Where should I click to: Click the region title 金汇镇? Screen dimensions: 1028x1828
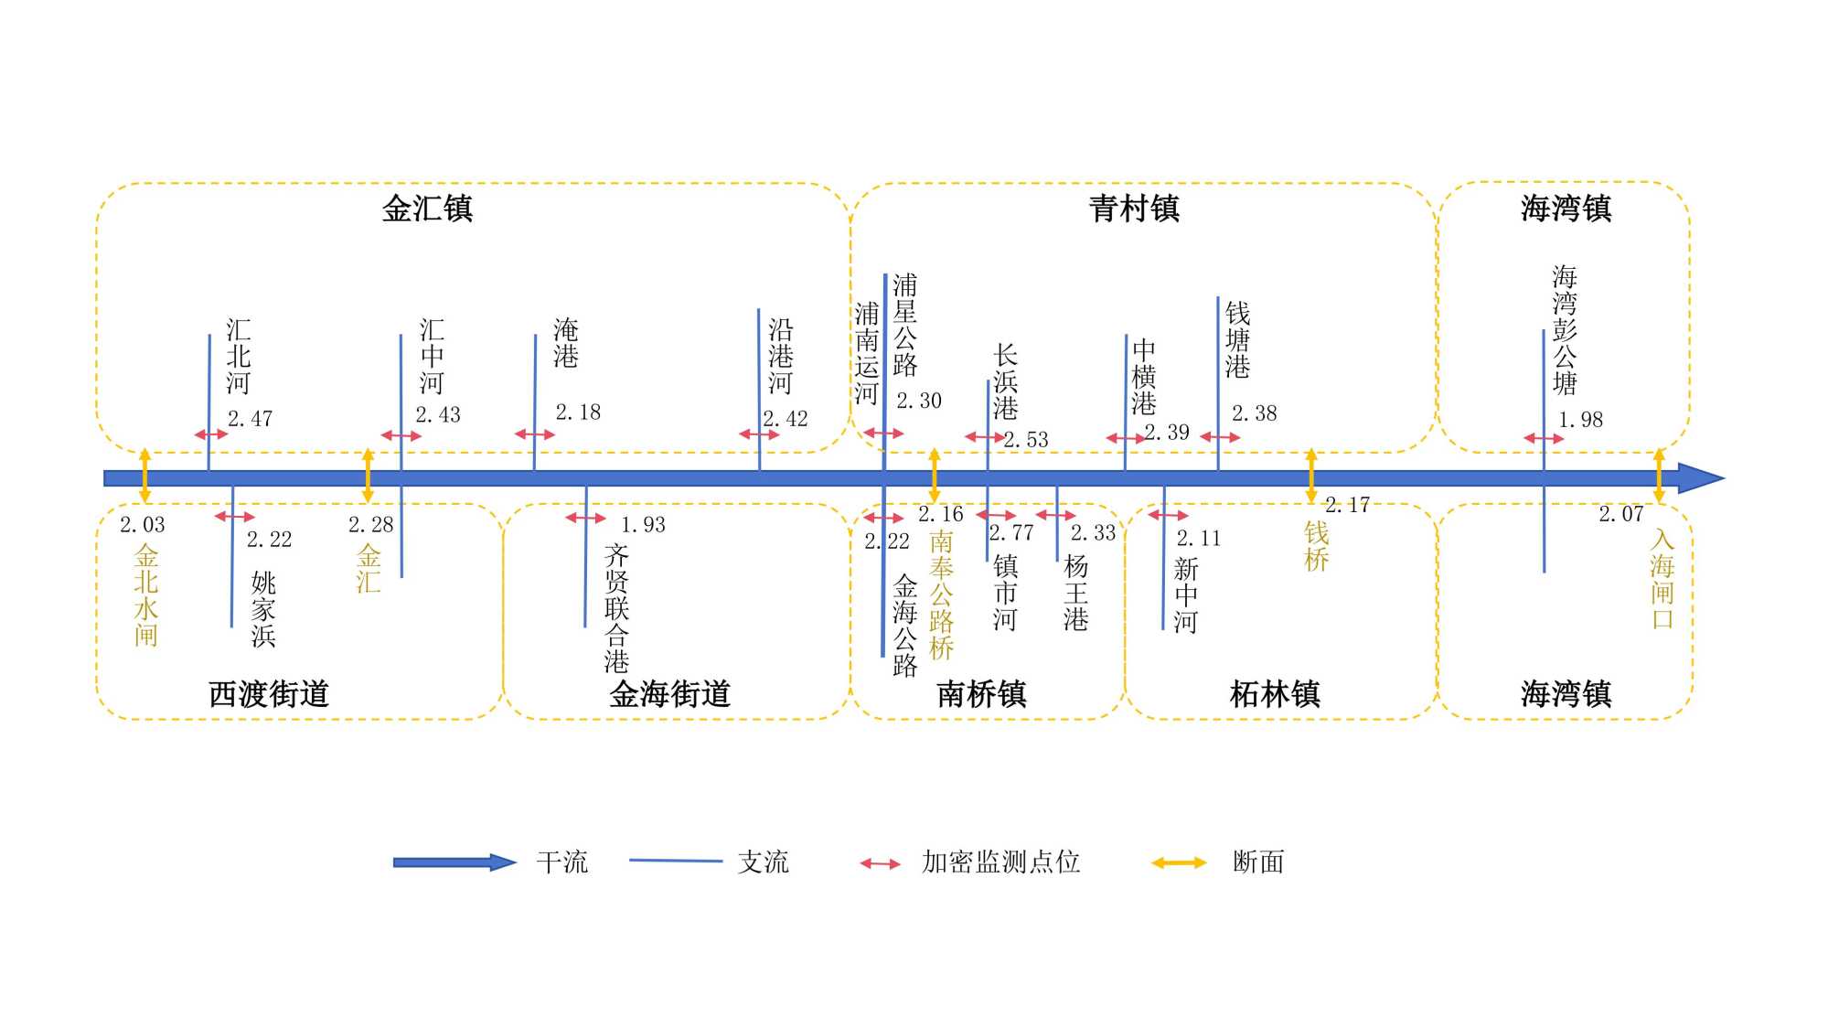(x=427, y=209)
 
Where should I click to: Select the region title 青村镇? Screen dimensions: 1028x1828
(x=1134, y=209)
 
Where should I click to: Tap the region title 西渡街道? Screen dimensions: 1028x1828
(x=268, y=694)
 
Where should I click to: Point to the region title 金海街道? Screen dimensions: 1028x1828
(x=669, y=694)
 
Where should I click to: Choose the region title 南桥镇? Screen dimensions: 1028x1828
(x=981, y=694)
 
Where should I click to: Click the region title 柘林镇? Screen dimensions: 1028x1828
(x=1275, y=694)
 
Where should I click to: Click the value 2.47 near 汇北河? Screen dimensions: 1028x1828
(x=250, y=419)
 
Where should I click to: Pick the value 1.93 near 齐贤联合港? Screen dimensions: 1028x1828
(x=643, y=525)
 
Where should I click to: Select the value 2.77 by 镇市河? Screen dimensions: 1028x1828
(x=1010, y=532)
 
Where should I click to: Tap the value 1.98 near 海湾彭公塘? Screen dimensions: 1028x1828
(x=1580, y=420)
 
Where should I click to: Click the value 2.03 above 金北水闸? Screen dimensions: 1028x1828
(x=143, y=525)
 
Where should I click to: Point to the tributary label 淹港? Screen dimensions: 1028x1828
(x=566, y=343)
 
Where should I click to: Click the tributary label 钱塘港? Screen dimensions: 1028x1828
(x=1237, y=340)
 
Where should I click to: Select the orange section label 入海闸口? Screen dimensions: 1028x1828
(x=1662, y=579)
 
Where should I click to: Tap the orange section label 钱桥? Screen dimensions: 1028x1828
(x=1316, y=546)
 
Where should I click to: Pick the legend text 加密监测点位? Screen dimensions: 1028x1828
(x=1000, y=862)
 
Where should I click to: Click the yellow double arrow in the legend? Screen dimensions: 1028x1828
(x=1179, y=862)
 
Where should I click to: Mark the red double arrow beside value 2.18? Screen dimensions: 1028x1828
(x=535, y=434)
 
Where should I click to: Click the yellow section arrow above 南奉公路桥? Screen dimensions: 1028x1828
(x=934, y=475)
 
